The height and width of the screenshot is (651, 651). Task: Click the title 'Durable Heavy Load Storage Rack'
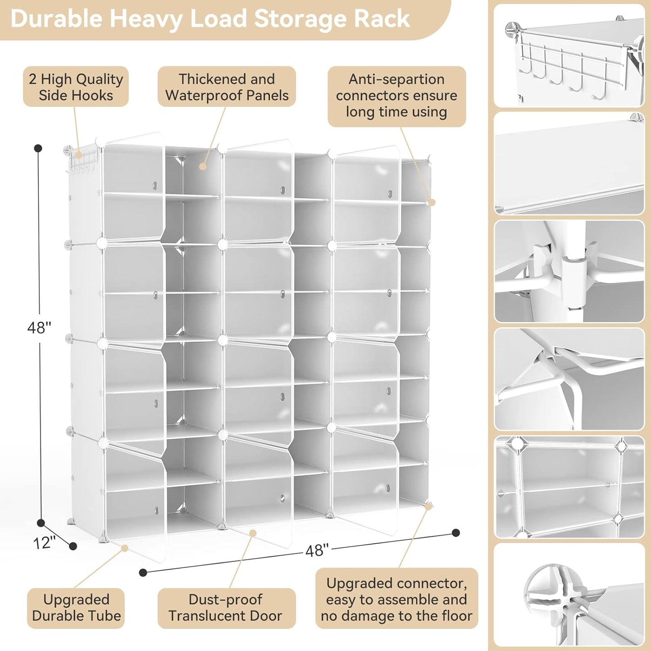(x=210, y=19)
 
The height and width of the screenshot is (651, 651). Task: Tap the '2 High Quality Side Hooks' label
(x=76, y=87)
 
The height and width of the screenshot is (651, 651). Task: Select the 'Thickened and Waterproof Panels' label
(x=227, y=87)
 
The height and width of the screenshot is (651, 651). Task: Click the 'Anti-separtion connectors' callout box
(x=396, y=96)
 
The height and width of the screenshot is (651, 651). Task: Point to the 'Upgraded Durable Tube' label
(x=76, y=608)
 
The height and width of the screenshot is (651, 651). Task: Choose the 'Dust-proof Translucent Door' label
(x=226, y=608)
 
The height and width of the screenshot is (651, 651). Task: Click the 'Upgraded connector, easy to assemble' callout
(x=396, y=600)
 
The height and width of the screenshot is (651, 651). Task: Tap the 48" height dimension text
(x=39, y=328)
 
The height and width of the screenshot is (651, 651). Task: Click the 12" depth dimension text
(x=44, y=542)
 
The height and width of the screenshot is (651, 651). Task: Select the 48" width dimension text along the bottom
(x=317, y=550)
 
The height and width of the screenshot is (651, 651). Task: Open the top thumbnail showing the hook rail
(x=569, y=56)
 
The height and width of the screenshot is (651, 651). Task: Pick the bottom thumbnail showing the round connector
(x=569, y=595)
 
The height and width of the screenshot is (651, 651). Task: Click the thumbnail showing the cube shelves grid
(x=569, y=487)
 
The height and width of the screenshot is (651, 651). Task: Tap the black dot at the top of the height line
(x=38, y=148)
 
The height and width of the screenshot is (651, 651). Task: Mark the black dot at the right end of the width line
(x=456, y=533)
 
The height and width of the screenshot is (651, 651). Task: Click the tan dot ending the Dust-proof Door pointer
(x=253, y=533)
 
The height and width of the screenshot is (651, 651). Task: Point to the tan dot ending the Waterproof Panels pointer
(x=203, y=167)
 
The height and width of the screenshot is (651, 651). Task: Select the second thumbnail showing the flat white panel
(x=569, y=164)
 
